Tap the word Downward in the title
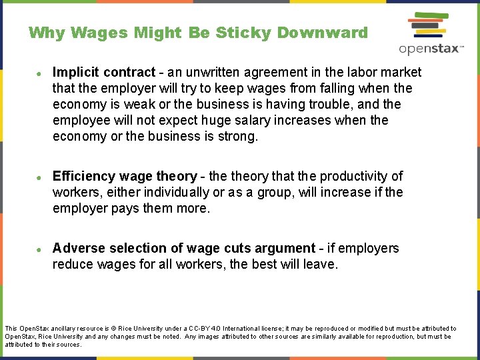click(x=323, y=33)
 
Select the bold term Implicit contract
click(x=103, y=72)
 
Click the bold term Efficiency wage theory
click(x=125, y=176)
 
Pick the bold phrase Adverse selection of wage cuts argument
click(x=183, y=248)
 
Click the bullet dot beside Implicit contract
click(x=40, y=73)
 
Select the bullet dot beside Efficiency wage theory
click(x=40, y=177)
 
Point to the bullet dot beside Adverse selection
click(x=40, y=249)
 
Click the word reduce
click(x=73, y=264)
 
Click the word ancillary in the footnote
click(x=70, y=329)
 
